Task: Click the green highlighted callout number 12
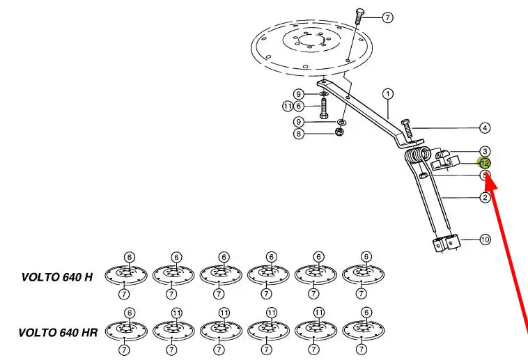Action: tap(485, 164)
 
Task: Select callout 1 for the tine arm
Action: tap(388, 94)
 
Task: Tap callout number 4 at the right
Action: tap(485, 128)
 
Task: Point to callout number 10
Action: tap(485, 240)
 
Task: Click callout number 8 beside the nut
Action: tap(299, 134)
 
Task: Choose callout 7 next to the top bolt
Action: tap(387, 17)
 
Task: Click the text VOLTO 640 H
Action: tap(57, 277)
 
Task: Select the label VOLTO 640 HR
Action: tap(58, 333)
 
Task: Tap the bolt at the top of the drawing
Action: tap(359, 17)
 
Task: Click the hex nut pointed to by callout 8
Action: tap(339, 132)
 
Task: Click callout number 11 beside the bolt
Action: tap(288, 107)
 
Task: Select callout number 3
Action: tap(485, 152)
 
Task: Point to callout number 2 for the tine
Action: tap(485, 197)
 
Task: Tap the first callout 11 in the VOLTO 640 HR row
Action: tap(177, 313)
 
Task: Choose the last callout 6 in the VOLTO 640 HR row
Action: tap(366, 313)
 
